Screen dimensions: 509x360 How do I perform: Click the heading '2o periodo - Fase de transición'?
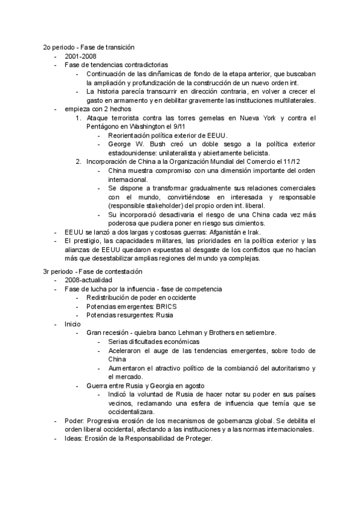point(88,47)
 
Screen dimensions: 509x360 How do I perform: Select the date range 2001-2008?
point(80,56)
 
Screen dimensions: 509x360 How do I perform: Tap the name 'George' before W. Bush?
point(121,144)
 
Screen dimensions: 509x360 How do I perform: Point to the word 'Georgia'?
point(158,385)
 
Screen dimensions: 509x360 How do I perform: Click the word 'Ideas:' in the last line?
point(74,438)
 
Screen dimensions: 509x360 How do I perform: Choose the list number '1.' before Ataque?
point(79,118)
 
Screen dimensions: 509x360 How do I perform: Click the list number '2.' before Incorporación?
point(79,161)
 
